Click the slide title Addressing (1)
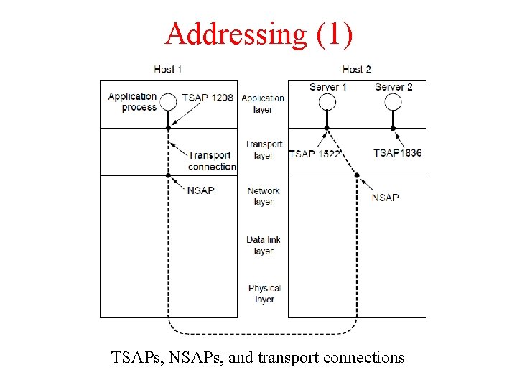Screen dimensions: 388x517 pyautogui.click(x=258, y=33)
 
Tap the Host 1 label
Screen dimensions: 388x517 pyautogui.click(x=167, y=69)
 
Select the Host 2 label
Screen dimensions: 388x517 pyautogui.click(x=357, y=69)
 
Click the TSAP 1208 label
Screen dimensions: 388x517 pyautogui.click(x=208, y=98)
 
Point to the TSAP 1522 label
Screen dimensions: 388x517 pyautogui.click(x=315, y=153)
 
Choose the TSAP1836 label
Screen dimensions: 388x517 pyautogui.click(x=397, y=153)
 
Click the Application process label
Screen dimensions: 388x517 pyautogui.click(x=133, y=101)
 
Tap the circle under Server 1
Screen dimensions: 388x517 pyautogui.click(x=327, y=101)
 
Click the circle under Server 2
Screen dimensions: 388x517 pyautogui.click(x=393, y=101)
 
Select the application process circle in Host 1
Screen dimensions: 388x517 pyautogui.click(x=168, y=101)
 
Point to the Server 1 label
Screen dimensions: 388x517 pyautogui.click(x=328, y=87)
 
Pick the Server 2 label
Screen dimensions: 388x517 pyautogui.click(x=393, y=87)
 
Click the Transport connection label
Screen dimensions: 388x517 pyautogui.click(x=211, y=161)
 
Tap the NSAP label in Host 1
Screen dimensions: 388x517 pyautogui.click(x=200, y=190)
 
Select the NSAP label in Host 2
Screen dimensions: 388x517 pyautogui.click(x=385, y=198)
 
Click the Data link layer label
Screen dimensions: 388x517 pyautogui.click(x=263, y=246)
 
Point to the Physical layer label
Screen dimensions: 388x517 pyautogui.click(x=264, y=293)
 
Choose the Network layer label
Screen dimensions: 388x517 pyautogui.click(x=263, y=196)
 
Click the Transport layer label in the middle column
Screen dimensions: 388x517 pyautogui.click(x=264, y=149)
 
